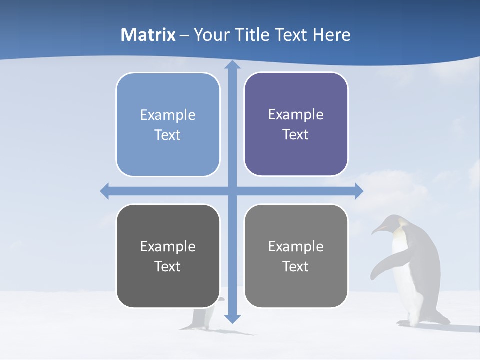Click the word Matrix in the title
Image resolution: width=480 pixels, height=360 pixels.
pyautogui.click(x=148, y=35)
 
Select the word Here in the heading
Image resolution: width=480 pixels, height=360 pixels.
pyautogui.click(x=332, y=35)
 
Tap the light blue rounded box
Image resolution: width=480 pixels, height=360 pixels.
pyautogui.click(x=168, y=124)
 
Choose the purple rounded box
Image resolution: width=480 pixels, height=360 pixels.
pyautogui.click(x=296, y=124)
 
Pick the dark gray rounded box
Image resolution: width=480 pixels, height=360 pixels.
pyautogui.click(x=168, y=256)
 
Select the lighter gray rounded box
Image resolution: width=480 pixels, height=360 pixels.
pyautogui.click(x=296, y=256)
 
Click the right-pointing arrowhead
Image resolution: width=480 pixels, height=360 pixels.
pyautogui.click(x=358, y=191)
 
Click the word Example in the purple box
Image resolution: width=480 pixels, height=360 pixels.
pyautogui.click(x=296, y=115)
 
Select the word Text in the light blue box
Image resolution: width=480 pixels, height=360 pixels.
pyautogui.click(x=167, y=135)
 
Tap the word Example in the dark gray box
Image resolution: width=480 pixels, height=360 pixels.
pyautogui.click(x=167, y=246)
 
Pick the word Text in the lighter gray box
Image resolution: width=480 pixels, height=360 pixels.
pyautogui.click(x=296, y=266)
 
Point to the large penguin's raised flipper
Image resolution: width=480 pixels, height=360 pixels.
pyautogui.click(x=382, y=265)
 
